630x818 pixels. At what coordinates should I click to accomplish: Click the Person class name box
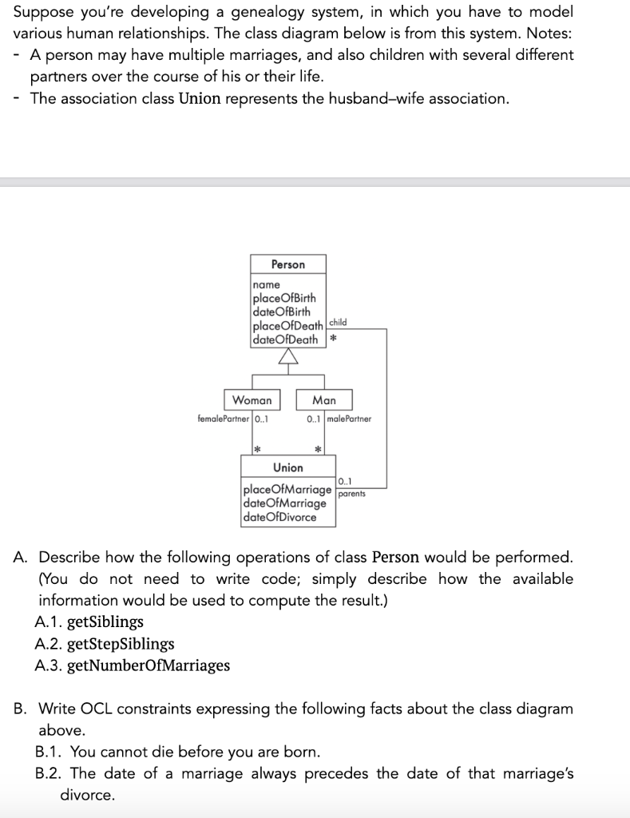287,264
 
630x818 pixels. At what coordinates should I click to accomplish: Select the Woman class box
252,399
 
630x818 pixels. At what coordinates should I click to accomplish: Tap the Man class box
324,399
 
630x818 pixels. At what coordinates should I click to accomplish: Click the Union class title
287,467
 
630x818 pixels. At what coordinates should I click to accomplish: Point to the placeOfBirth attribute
283,298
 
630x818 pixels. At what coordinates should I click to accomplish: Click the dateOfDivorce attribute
279,517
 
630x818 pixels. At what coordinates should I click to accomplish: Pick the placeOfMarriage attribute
287,490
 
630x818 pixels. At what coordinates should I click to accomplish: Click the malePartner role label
349,418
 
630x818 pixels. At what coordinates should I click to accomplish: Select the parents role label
351,494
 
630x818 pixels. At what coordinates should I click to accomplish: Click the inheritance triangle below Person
287,358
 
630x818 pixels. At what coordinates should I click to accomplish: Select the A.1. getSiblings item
89,621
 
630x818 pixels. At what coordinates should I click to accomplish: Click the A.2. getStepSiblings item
105,643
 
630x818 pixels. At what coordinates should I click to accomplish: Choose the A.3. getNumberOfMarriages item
133,665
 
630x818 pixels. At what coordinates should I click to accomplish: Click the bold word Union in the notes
200,98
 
